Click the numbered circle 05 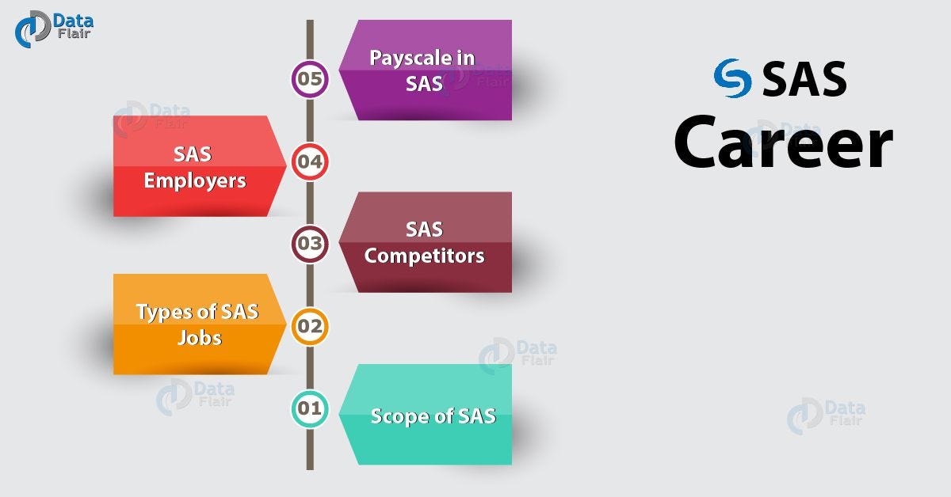(x=310, y=78)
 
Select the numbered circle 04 (x=310, y=162)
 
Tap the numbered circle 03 (x=310, y=244)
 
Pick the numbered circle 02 (x=310, y=325)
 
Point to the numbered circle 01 (x=310, y=409)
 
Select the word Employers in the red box (x=195, y=180)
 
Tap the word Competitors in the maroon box (x=424, y=256)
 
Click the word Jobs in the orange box (x=200, y=338)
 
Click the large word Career (x=783, y=143)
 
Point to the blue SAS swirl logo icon (x=732, y=78)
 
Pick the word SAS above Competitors (x=424, y=230)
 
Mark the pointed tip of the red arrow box (x=287, y=166)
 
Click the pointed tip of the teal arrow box (x=340, y=414)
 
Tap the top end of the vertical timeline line (x=310, y=22)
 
